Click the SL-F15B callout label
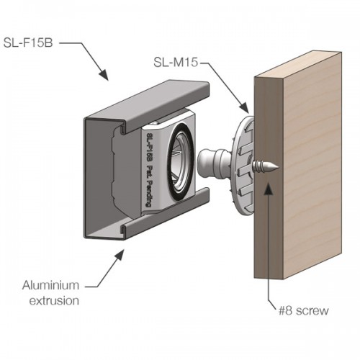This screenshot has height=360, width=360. pyautogui.click(x=28, y=43)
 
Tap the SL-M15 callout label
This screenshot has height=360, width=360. pyautogui.click(x=176, y=63)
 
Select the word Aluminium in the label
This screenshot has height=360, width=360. pyautogui.click(x=50, y=285)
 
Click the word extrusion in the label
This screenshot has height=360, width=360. pyautogui.click(x=54, y=301)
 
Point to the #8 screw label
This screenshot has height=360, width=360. pyautogui.click(x=303, y=310)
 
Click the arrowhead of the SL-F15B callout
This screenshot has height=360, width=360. pyautogui.click(x=104, y=75)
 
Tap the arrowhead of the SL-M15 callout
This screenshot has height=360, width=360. pyautogui.click(x=244, y=107)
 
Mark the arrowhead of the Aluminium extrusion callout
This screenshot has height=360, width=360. pyautogui.click(x=120, y=254)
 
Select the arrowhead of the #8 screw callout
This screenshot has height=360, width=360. pyautogui.click(x=268, y=188)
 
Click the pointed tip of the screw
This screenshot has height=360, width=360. pyautogui.click(x=278, y=167)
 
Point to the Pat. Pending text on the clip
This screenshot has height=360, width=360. pyautogui.click(x=150, y=186)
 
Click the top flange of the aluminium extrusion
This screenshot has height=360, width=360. pyautogui.click(x=147, y=104)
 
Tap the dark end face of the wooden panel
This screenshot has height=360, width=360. pyautogui.click(x=269, y=178)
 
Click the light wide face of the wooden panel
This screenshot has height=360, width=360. pyautogui.click(x=312, y=166)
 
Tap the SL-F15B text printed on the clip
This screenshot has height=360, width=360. pyautogui.click(x=150, y=146)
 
